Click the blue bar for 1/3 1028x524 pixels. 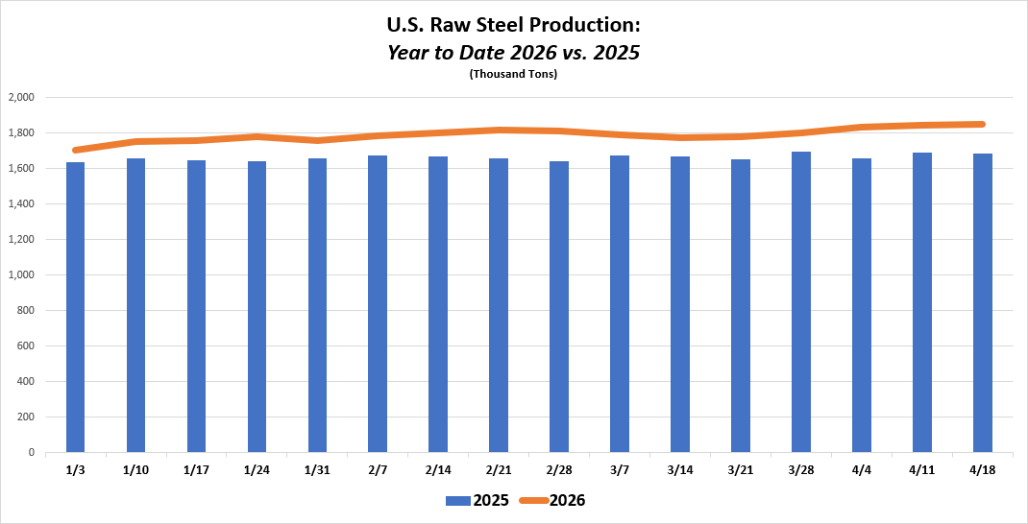[x=75, y=307]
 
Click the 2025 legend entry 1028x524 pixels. [x=477, y=500]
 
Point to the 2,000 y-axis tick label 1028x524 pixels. [x=21, y=97]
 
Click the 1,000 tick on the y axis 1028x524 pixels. [x=21, y=274]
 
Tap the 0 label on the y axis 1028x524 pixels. [x=32, y=452]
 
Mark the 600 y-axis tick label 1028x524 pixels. [x=26, y=345]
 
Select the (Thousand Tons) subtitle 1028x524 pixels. [x=513, y=74]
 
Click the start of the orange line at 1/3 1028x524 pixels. [x=75, y=150]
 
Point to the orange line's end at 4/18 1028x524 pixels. [x=982, y=124]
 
